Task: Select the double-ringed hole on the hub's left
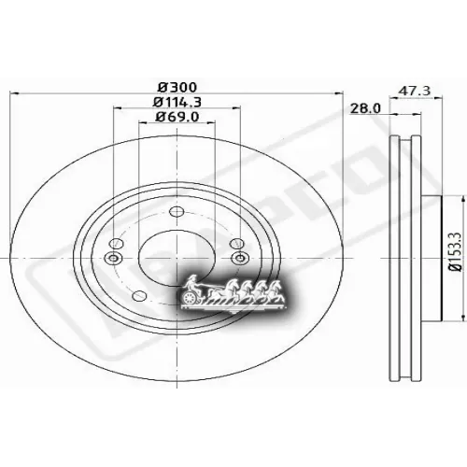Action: click(x=115, y=258)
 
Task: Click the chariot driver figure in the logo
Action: click(x=193, y=282)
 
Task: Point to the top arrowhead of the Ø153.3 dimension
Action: click(x=461, y=199)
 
